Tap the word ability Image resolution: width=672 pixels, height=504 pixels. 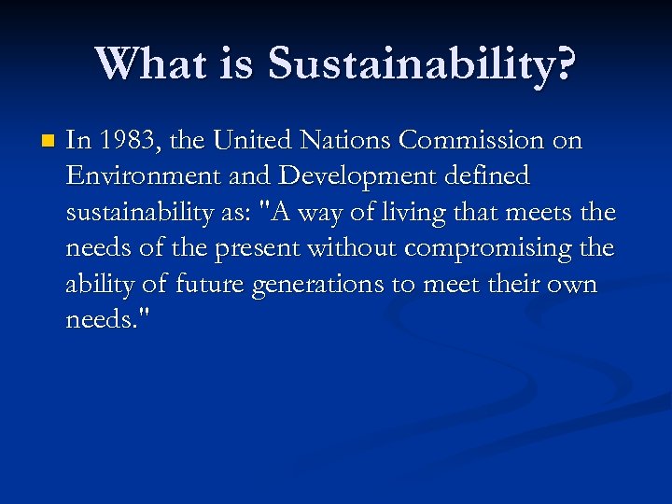pyautogui.click(x=96, y=285)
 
